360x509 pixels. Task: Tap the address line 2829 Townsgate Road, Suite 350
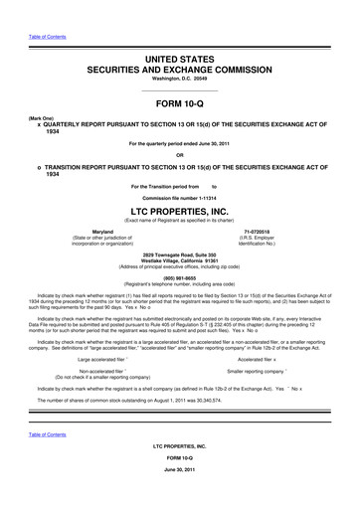[180, 255]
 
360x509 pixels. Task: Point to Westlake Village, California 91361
[180, 262]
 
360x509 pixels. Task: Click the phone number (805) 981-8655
[180, 277]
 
